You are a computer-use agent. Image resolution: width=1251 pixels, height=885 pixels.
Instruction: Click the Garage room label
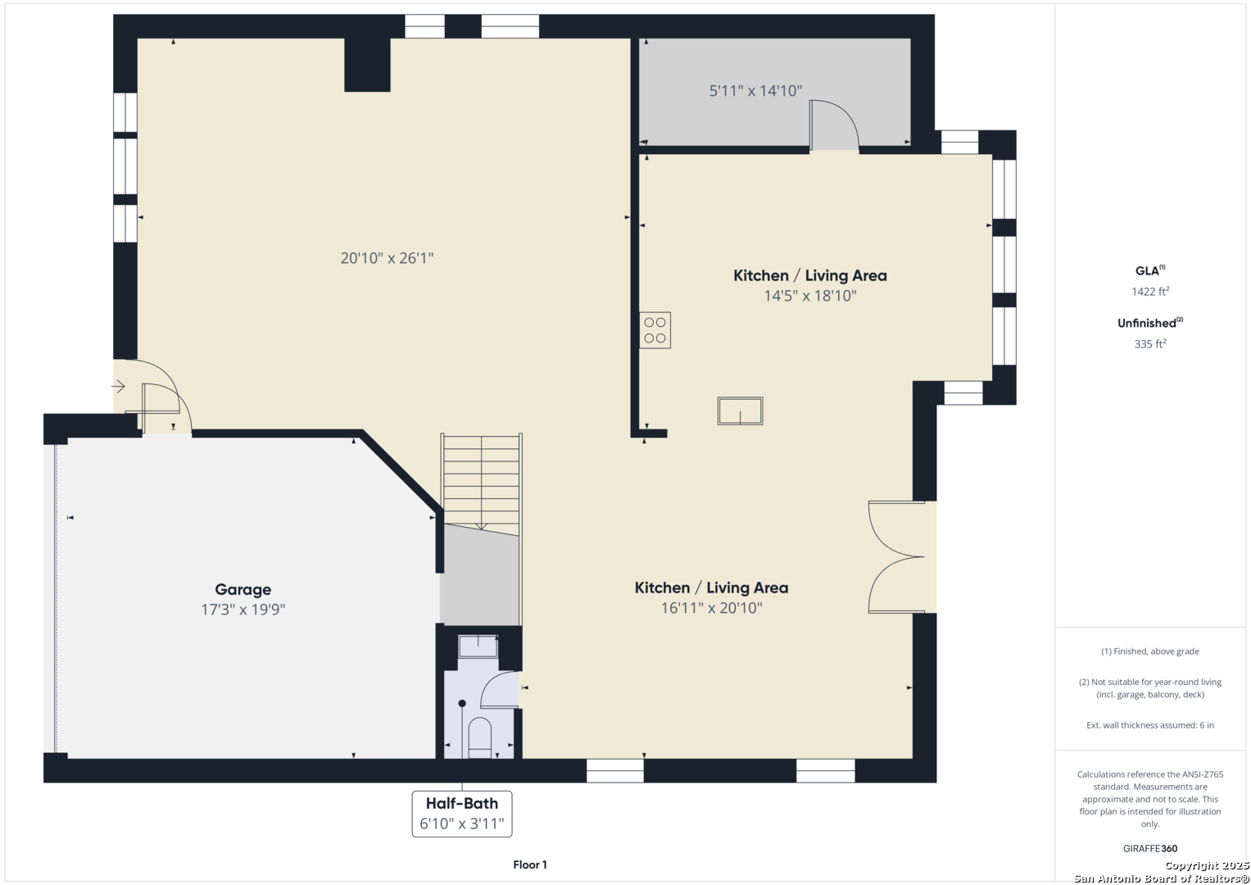(243, 589)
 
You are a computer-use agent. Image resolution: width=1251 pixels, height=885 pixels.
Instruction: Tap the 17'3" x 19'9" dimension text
(243, 609)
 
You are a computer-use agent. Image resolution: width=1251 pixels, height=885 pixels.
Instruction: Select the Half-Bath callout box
(462, 814)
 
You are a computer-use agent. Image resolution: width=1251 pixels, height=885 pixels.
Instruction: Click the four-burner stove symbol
(655, 330)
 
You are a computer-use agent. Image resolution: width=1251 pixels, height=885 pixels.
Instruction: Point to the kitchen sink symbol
(740, 411)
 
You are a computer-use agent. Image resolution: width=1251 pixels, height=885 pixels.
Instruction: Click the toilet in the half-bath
(479, 737)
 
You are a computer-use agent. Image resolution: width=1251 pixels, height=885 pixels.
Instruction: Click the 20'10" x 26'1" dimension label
(387, 258)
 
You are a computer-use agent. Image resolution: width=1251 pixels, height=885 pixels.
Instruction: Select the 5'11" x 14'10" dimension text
(755, 90)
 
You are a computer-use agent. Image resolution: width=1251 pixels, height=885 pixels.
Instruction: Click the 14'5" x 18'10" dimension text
(809, 296)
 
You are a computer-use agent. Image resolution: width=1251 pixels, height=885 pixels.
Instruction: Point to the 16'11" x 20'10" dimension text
(711, 608)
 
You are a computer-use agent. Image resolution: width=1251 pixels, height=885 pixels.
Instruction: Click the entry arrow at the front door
(118, 386)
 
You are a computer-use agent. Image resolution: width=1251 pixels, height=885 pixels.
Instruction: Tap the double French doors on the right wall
(896, 557)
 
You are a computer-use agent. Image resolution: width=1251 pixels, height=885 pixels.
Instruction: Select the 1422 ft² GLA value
(1150, 291)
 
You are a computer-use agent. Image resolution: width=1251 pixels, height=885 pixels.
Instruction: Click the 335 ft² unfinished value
(1150, 343)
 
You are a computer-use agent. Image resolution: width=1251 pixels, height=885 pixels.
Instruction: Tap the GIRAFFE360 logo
(1150, 848)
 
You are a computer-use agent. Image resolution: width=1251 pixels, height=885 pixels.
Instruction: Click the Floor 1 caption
(530, 865)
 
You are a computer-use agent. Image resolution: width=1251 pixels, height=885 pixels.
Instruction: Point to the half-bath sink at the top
(478, 647)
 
